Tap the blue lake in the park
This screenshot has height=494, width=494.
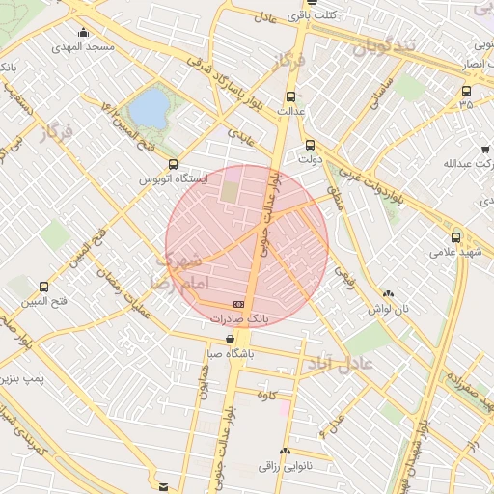click(149, 108)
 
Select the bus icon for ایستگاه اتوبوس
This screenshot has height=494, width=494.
click(173, 165)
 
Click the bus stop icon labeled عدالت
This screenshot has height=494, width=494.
click(290, 96)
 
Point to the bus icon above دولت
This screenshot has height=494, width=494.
click(309, 145)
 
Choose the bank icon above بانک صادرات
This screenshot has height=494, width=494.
click(239, 303)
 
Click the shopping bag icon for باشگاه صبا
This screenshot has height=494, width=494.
click(230, 340)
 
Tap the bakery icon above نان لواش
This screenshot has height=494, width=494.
click(388, 294)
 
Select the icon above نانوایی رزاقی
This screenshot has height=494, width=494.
click(285, 452)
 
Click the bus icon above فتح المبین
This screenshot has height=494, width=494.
click(43, 287)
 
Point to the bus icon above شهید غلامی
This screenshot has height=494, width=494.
click(455, 237)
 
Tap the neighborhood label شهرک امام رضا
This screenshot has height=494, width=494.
click(174, 271)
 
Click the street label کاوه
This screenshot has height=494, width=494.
click(267, 395)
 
